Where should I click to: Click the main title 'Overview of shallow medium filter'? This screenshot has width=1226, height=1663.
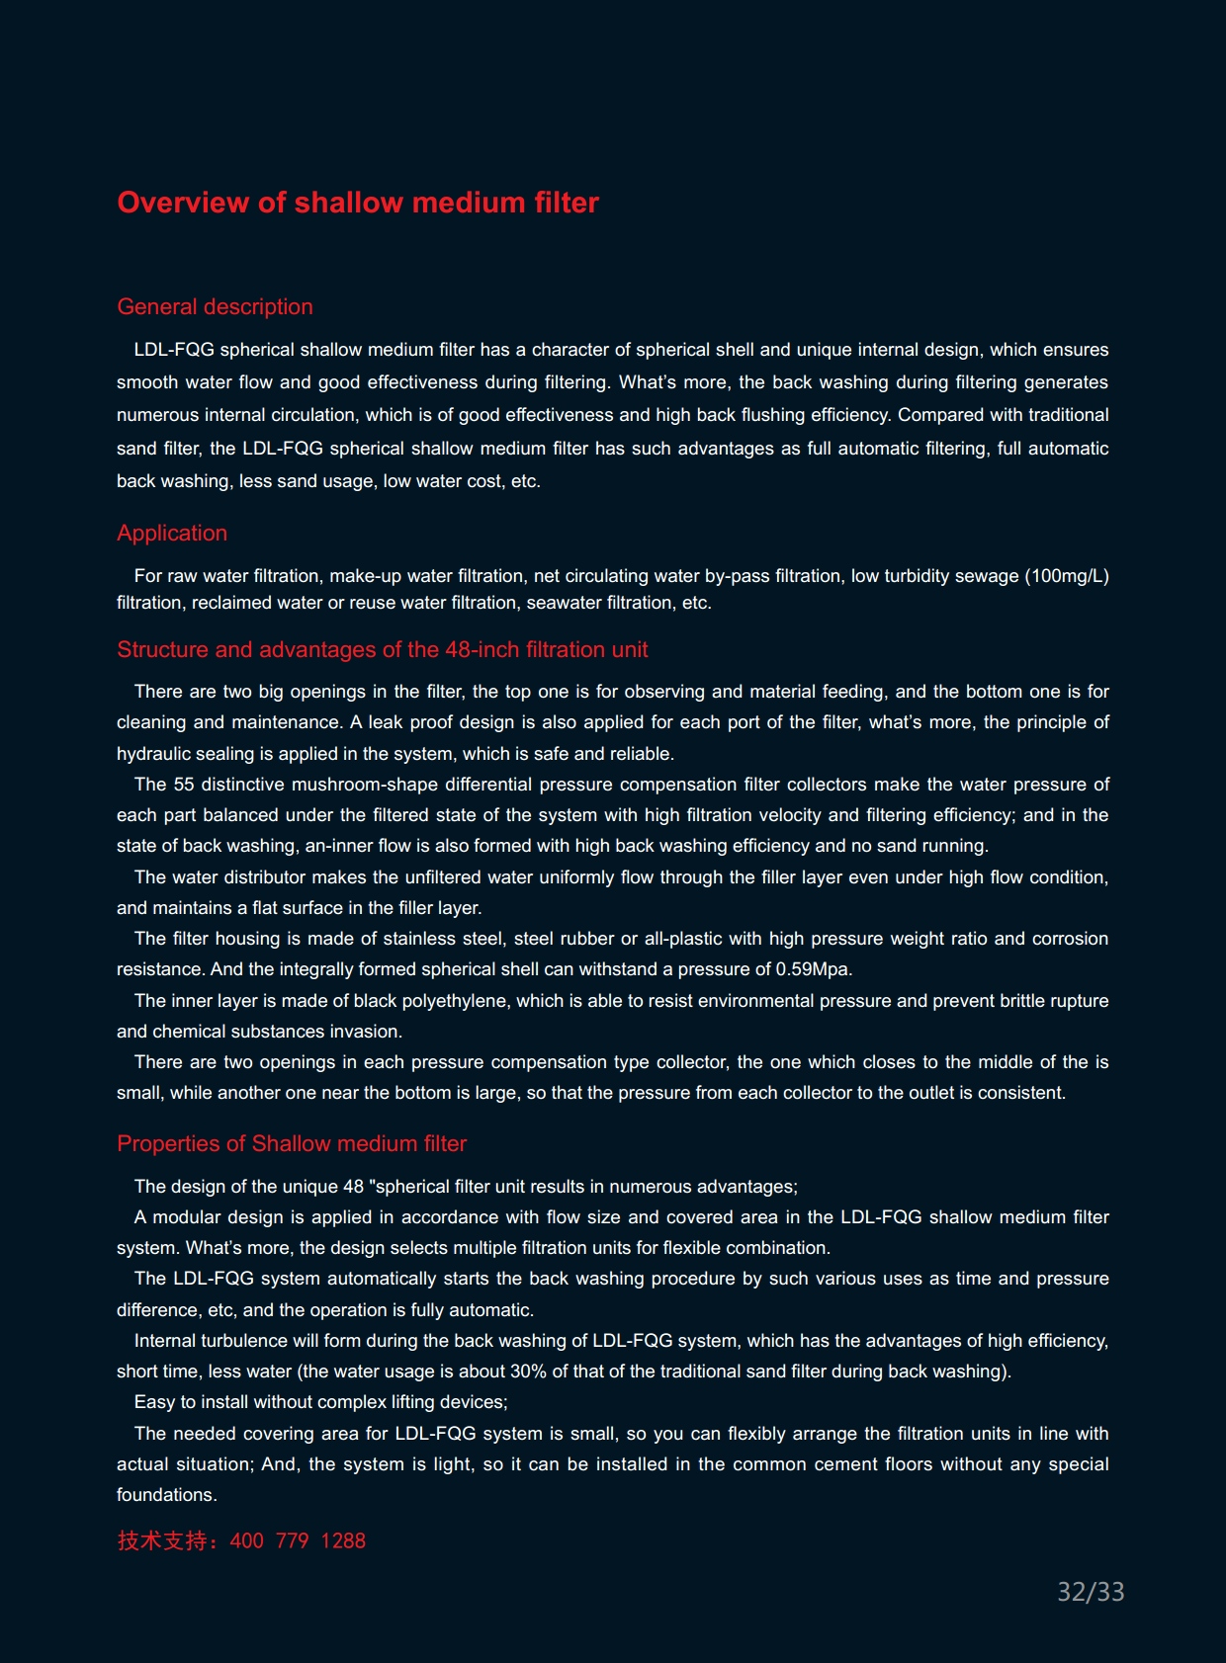click(358, 203)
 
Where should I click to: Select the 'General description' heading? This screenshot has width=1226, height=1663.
click(215, 306)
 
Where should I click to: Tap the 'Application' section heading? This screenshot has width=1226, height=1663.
click(172, 533)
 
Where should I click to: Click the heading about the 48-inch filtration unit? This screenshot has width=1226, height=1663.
click(383, 649)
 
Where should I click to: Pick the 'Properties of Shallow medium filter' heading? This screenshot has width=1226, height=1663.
click(292, 1143)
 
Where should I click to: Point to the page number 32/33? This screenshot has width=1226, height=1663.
click(1091, 1592)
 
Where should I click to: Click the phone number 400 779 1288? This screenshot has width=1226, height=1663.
click(298, 1540)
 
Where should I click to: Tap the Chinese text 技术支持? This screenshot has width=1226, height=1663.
click(162, 1540)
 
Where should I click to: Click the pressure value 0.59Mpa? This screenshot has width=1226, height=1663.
click(814, 969)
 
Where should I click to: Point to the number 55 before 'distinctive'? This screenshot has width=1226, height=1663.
click(184, 785)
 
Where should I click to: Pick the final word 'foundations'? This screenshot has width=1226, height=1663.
click(166, 1495)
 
